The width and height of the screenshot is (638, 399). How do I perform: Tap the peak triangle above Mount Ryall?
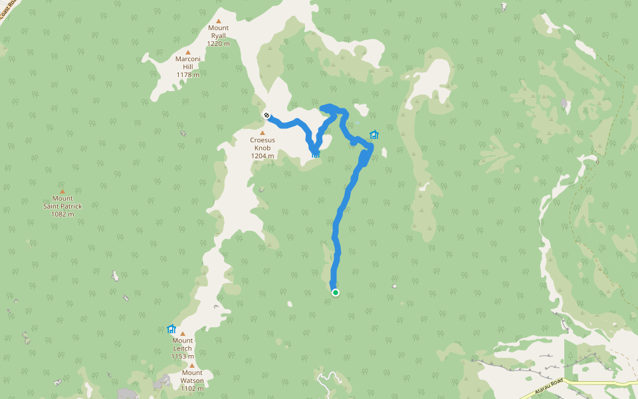(x=218, y=21)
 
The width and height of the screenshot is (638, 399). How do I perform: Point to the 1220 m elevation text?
(x=218, y=43)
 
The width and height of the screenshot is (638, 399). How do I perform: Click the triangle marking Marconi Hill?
(x=188, y=52)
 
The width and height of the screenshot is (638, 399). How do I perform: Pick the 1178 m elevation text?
(x=188, y=74)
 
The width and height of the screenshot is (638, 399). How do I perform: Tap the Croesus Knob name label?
(x=263, y=144)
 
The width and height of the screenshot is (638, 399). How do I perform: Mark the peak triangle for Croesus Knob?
(x=263, y=132)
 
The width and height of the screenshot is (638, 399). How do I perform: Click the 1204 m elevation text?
(x=263, y=156)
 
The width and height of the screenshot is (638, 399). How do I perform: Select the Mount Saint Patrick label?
(x=62, y=202)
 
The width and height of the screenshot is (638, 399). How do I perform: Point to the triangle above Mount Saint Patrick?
(x=62, y=191)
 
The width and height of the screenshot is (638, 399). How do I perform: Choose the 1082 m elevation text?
(x=62, y=214)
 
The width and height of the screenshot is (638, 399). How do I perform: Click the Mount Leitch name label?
(x=182, y=344)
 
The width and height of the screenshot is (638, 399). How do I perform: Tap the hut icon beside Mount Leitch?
(x=171, y=329)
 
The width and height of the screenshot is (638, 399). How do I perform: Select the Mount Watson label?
(x=192, y=376)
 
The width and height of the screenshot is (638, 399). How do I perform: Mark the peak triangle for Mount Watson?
(x=192, y=365)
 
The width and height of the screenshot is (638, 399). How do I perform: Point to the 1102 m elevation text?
(x=192, y=388)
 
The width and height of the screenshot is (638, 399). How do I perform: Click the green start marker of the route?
(x=336, y=292)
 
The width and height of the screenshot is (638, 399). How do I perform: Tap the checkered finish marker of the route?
(x=266, y=116)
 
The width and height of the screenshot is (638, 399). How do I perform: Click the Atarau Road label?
(x=542, y=388)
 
